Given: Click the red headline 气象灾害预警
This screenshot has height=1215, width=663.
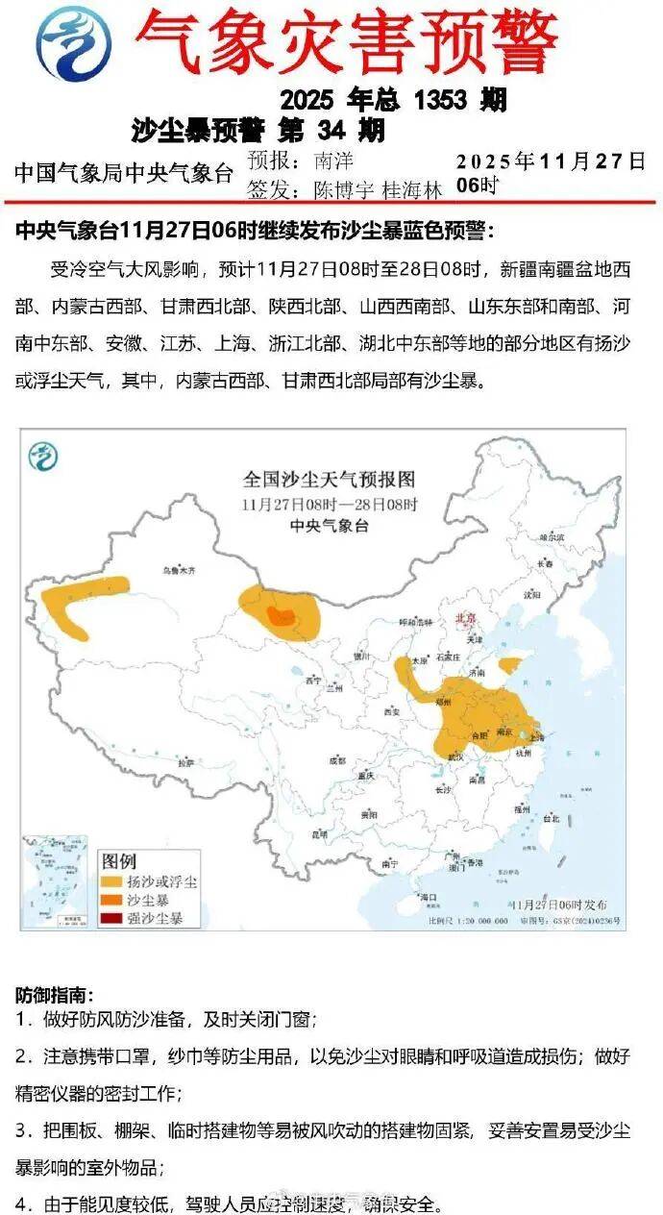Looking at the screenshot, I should (x=346, y=40).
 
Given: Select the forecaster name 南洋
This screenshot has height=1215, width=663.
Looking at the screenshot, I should (x=333, y=161).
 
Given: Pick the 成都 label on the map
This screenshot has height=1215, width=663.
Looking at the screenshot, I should (x=335, y=758).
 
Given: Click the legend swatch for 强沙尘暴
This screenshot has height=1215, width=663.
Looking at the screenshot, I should (x=111, y=918).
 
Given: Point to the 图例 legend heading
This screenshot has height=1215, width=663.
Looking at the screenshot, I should (x=120, y=859).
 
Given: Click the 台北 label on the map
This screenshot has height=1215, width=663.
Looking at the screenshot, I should (x=551, y=820).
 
